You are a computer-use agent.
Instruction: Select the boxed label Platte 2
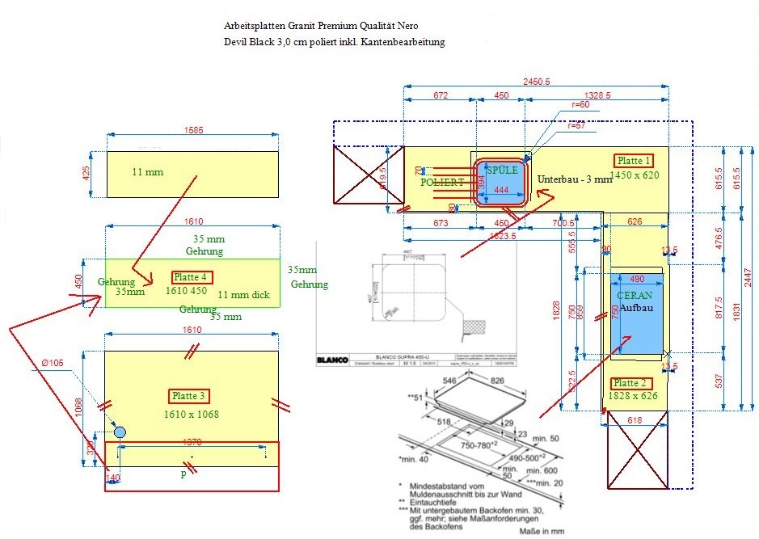pos(630,383)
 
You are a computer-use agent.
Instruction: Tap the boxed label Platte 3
pos(190,396)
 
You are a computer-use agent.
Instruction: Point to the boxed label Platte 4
pos(192,277)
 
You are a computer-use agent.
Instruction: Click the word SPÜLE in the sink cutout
pos(502,170)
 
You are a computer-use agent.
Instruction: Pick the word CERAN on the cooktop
pos(635,296)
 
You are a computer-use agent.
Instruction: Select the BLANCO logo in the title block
pos(332,360)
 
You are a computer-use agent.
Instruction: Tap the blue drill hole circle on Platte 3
pos(120,432)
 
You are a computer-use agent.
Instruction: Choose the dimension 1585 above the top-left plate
pos(194,129)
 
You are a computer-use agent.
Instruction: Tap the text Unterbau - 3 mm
pos(575,179)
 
